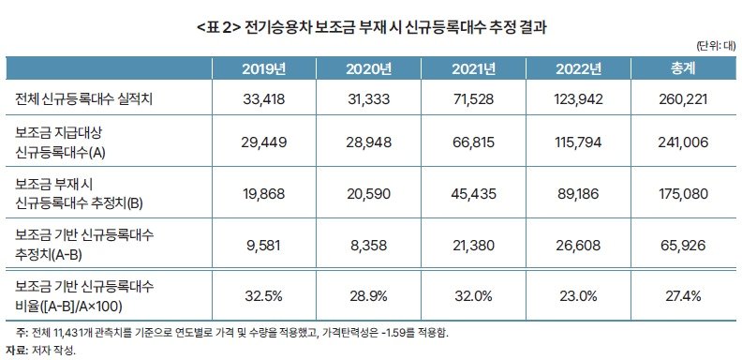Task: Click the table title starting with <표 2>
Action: [x=371, y=27]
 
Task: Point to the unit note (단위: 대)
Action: [x=716, y=46]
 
